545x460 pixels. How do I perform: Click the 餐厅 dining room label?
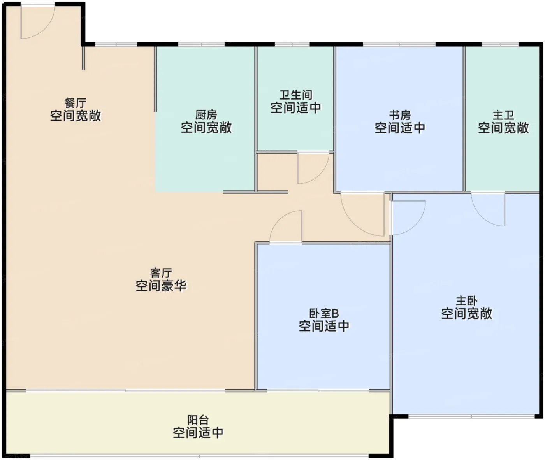76,103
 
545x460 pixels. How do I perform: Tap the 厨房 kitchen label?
206,115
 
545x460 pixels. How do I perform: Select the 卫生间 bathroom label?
296,95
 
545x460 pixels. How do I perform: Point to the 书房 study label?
400,115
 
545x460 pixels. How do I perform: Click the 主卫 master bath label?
503,115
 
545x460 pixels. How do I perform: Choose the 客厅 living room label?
161,273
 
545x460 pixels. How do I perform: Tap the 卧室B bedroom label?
324,313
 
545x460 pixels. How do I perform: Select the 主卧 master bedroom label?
467,301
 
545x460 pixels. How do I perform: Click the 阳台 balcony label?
198,420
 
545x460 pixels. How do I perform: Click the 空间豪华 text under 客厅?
161,286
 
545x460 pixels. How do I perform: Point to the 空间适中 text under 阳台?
198,432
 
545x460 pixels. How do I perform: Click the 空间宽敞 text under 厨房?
206,128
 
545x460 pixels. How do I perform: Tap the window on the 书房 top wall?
399,45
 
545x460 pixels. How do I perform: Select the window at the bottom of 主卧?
471,417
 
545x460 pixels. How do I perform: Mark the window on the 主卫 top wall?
500,45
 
